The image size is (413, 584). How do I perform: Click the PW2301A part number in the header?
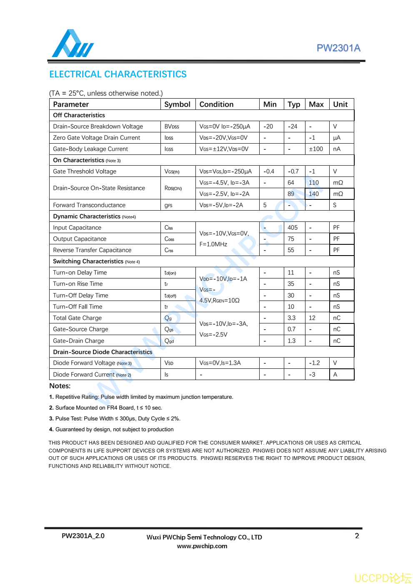click(x=338, y=48)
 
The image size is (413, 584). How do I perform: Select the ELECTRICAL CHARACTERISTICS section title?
click(x=118, y=75)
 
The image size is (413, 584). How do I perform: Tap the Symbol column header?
click(x=177, y=104)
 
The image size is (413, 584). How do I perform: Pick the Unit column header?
click(x=340, y=104)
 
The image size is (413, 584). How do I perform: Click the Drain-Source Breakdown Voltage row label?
click(x=98, y=127)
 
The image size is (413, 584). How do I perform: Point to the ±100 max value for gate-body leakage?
click(x=316, y=149)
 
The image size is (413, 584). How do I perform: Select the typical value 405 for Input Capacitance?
click(x=293, y=228)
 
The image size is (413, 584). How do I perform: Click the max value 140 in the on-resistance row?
click(x=314, y=194)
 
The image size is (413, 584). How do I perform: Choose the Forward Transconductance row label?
click(x=89, y=205)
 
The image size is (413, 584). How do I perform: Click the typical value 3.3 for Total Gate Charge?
click(x=291, y=318)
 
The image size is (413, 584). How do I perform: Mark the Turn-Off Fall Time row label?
click(x=78, y=307)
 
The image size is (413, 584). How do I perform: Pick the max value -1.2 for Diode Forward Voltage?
click(x=314, y=363)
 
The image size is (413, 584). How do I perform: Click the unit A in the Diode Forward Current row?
click(x=335, y=375)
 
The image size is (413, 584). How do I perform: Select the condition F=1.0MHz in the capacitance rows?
click(x=213, y=244)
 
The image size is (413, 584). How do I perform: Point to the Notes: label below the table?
click(x=60, y=386)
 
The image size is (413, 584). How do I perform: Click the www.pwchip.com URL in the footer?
click(x=202, y=546)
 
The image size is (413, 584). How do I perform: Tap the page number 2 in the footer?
click(x=357, y=536)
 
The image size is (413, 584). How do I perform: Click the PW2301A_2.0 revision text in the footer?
click(x=83, y=536)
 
